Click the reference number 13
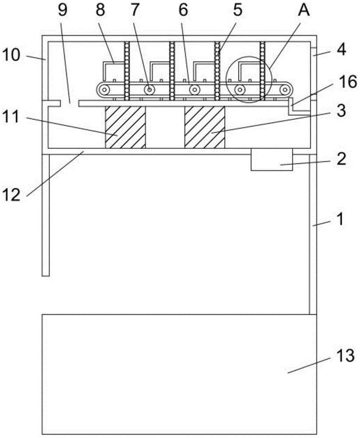345,356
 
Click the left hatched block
125,127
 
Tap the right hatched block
205,127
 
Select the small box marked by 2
271,159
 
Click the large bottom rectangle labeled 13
179,374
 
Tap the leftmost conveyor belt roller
104,90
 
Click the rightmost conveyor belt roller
286,90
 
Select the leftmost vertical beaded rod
127,70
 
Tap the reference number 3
340,110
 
